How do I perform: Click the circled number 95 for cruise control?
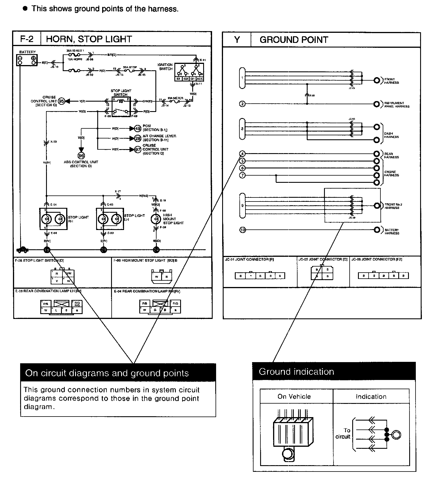point(61,101)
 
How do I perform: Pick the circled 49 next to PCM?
point(138,128)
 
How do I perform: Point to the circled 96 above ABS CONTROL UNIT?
point(81,156)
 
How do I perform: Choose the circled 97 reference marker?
point(138,149)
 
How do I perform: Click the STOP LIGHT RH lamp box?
point(53,219)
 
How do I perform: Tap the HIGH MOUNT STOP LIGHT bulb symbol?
point(156,219)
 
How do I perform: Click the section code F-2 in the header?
point(27,39)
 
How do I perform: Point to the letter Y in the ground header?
point(237,40)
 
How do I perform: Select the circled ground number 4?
point(242,154)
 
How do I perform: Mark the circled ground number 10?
point(243,230)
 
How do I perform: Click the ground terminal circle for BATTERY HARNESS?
point(377,230)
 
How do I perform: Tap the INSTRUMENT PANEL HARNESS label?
point(397,105)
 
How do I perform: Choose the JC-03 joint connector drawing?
point(322,273)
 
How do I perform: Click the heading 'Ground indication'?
point(296,372)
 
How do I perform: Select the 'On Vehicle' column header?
point(294,396)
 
